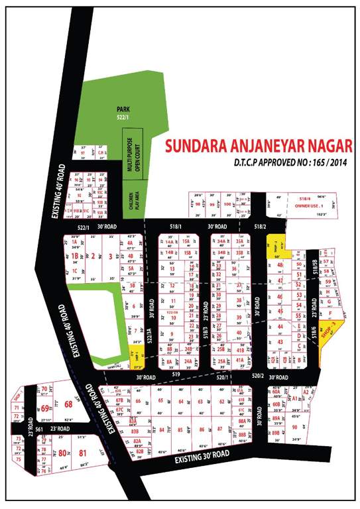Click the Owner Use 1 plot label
tap(314, 205)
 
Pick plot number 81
tap(83, 453)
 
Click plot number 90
tap(294, 427)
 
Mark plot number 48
tap(281, 264)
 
